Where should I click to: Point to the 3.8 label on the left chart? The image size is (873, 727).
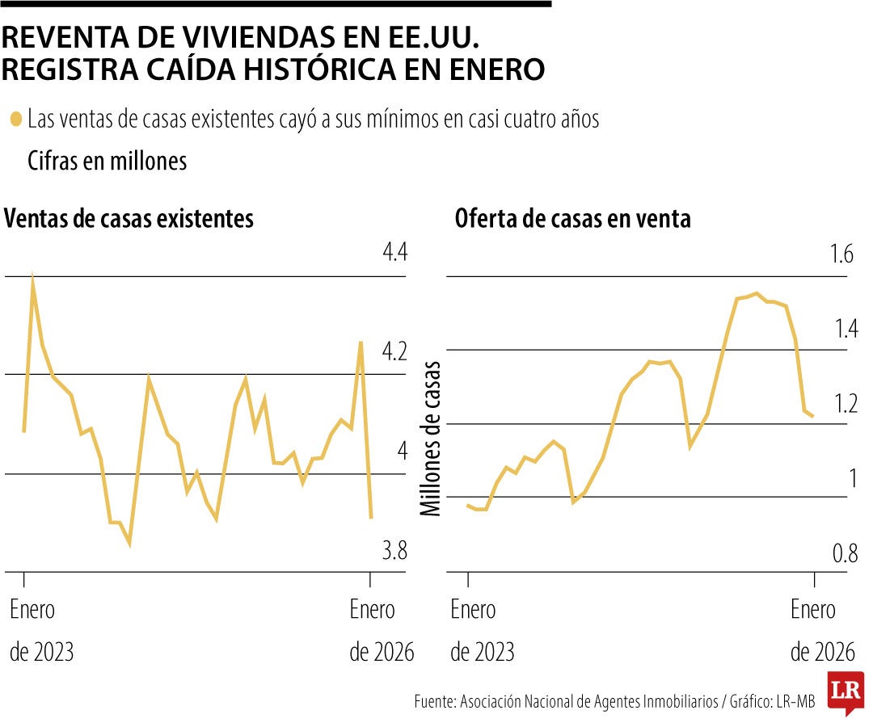394,553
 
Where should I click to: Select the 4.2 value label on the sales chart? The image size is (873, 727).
394,353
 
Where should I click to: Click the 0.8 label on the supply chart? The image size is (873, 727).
845,554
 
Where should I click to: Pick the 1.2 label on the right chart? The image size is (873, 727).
845,403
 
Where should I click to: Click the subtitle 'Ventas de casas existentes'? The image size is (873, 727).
129,219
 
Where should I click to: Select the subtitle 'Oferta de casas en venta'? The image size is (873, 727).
572,219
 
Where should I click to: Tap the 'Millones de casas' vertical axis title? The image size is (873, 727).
431,437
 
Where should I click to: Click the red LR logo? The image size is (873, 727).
846,692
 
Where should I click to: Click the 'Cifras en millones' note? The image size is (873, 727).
107,161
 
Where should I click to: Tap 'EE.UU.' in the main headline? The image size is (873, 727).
443,37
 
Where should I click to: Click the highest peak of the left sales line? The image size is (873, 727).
32,275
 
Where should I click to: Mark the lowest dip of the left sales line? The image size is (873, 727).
129,544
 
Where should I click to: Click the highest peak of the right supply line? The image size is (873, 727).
756,293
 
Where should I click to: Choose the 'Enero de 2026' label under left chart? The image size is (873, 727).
381,631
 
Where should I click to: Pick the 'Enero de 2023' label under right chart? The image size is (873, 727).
482,631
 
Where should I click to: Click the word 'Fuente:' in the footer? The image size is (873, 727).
436,702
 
